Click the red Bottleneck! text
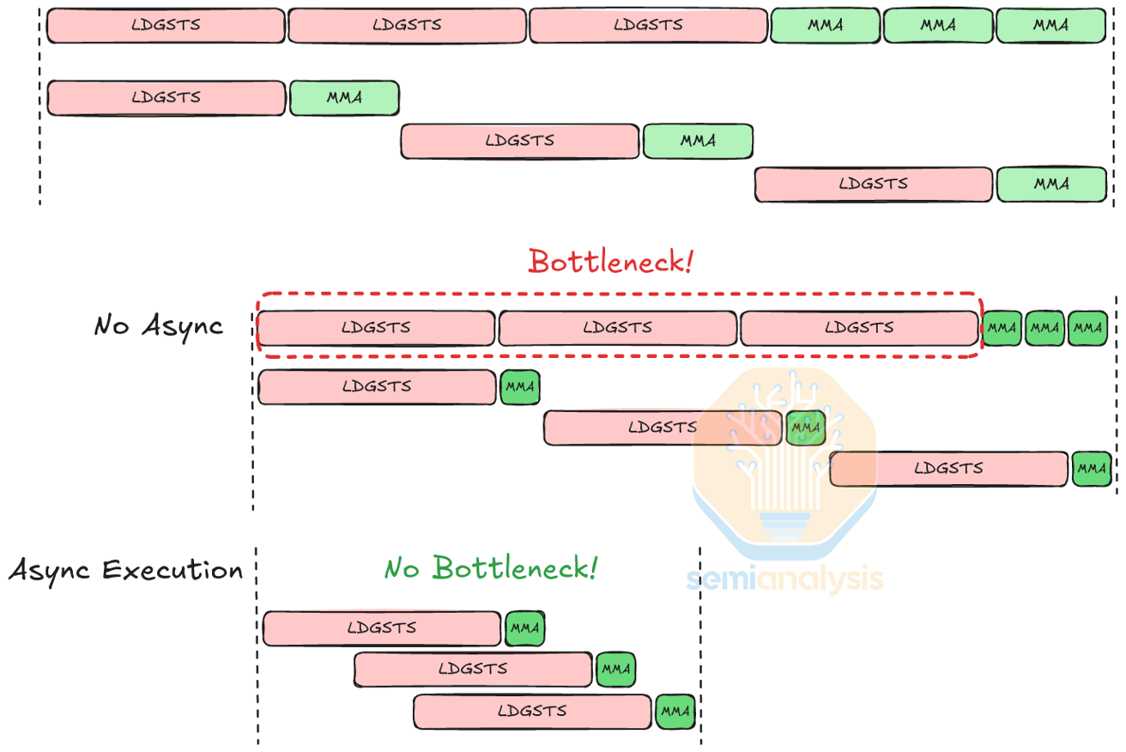click(x=610, y=261)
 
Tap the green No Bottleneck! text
click(x=490, y=567)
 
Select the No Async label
click(x=159, y=326)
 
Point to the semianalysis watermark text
click(x=784, y=579)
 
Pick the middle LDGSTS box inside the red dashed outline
click(x=617, y=328)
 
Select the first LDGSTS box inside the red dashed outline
click(x=376, y=328)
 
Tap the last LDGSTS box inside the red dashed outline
click(x=859, y=328)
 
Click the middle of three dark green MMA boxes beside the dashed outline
click(x=1044, y=328)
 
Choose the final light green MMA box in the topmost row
click(x=1050, y=26)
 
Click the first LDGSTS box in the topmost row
click(x=166, y=26)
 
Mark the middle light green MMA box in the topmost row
click(x=938, y=26)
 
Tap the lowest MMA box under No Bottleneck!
click(x=675, y=712)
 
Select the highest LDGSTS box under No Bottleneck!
click(x=382, y=628)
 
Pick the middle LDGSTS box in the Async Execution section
click(x=473, y=670)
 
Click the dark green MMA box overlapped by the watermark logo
click(x=806, y=428)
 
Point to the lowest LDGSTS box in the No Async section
click(x=949, y=469)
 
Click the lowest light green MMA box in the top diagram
click(x=1050, y=185)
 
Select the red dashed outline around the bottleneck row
click(x=618, y=294)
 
